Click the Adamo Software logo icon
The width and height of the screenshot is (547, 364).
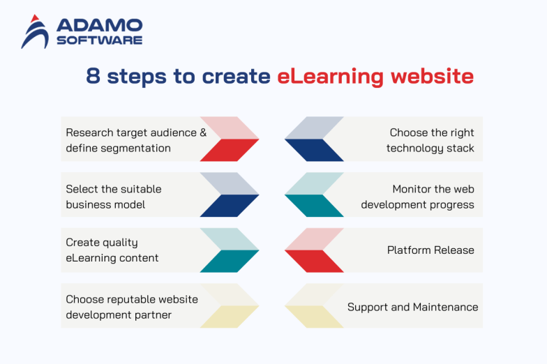pyautogui.click(x=35, y=32)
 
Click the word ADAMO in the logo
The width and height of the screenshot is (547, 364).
pyautogui.click(x=99, y=26)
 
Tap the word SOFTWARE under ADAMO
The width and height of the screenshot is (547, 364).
pyautogui.click(x=99, y=40)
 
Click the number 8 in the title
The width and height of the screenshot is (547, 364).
pyautogui.click(x=93, y=76)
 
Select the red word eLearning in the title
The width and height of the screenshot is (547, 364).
pyautogui.click(x=329, y=76)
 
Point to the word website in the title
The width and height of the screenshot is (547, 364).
pyautogui.click(x=432, y=76)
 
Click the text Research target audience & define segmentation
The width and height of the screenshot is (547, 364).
pyautogui.click(x=135, y=140)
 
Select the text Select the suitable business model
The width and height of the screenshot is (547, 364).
pyautogui.click(x=113, y=197)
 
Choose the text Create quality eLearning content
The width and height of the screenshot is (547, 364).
pyautogui.click(x=112, y=250)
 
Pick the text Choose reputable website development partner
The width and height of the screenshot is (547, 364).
pyautogui.click(x=131, y=307)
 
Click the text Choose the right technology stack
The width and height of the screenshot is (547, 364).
pyautogui.click(x=430, y=140)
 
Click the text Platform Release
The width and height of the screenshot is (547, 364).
pyautogui.click(x=430, y=250)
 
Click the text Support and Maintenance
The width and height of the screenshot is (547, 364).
pyautogui.click(x=412, y=307)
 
